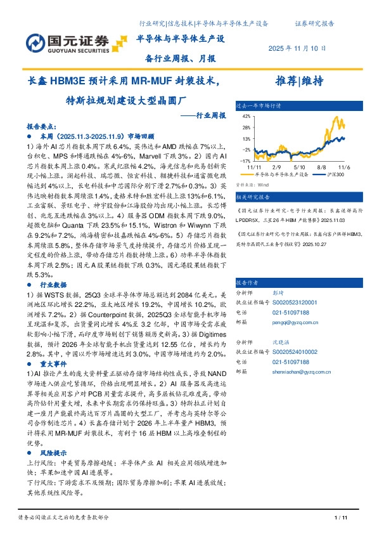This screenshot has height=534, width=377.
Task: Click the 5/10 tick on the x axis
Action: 297,166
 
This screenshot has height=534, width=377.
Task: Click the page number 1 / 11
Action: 341,519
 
